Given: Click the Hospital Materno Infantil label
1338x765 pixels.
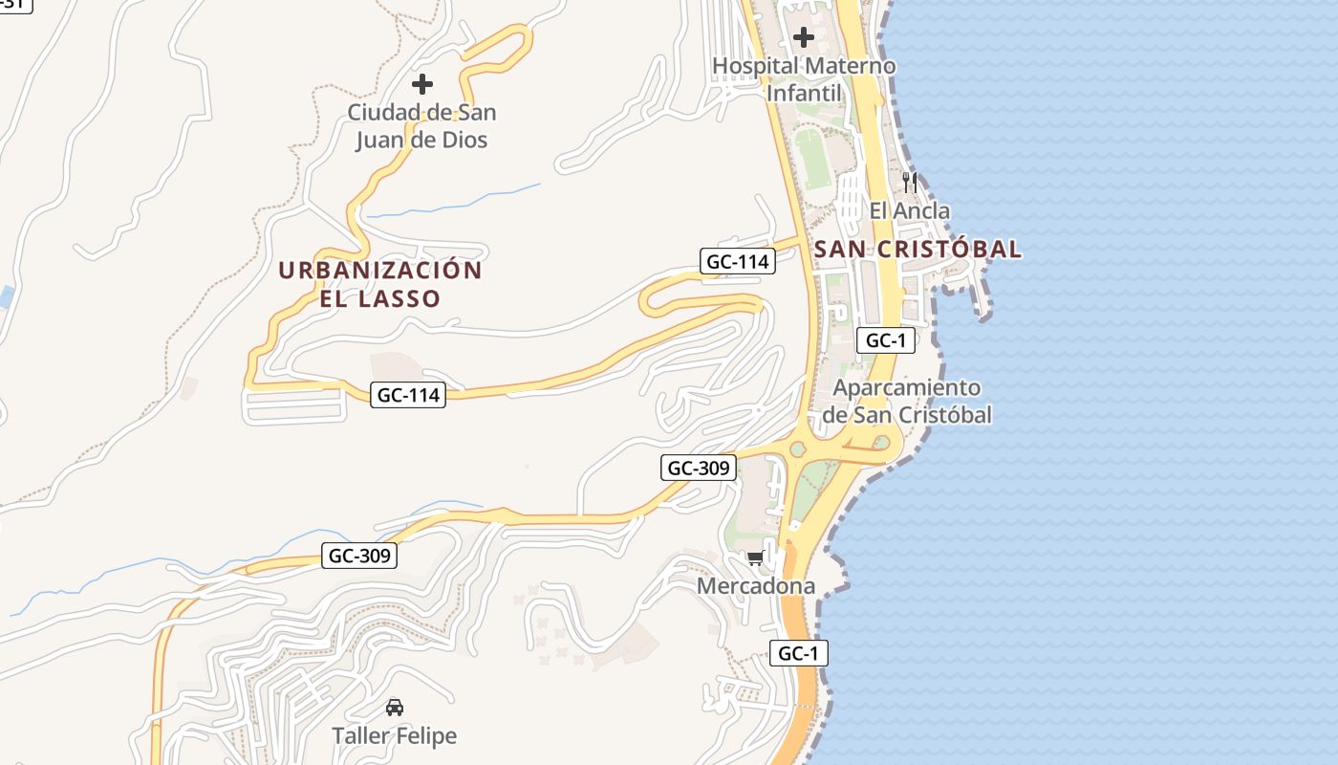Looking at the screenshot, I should (x=804, y=79).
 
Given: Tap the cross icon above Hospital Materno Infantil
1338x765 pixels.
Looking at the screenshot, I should (x=804, y=37).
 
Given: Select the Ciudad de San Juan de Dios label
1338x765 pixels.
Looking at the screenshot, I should (x=421, y=126).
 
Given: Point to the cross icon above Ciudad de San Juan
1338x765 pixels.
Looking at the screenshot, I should (x=421, y=84).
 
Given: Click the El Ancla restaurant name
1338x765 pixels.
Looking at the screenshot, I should (x=909, y=210).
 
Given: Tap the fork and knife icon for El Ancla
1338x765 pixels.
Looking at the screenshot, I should (x=909, y=182).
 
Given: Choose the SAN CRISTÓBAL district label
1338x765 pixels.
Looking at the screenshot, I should (x=917, y=250).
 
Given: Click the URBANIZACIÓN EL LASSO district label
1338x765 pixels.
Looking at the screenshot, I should (x=380, y=284).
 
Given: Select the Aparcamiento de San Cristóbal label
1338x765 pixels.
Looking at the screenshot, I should (x=906, y=401).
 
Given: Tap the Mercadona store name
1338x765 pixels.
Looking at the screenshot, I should (x=756, y=586).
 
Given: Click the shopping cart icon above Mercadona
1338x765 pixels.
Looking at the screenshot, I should (x=756, y=557).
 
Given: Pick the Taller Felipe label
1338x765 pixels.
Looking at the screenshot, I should (x=394, y=735).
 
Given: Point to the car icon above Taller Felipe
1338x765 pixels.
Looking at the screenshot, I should (x=394, y=708).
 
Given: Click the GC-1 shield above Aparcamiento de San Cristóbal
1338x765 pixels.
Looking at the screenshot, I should (x=886, y=339).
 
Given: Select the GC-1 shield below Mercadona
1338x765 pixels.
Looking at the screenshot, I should (x=799, y=653).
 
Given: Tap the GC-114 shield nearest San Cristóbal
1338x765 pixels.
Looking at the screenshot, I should (x=737, y=261).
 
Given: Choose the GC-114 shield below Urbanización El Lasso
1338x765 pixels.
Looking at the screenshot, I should (x=408, y=394).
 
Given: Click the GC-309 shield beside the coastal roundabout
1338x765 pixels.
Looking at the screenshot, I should (x=699, y=468).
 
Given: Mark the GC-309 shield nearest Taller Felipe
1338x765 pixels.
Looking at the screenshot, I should (x=358, y=556).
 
